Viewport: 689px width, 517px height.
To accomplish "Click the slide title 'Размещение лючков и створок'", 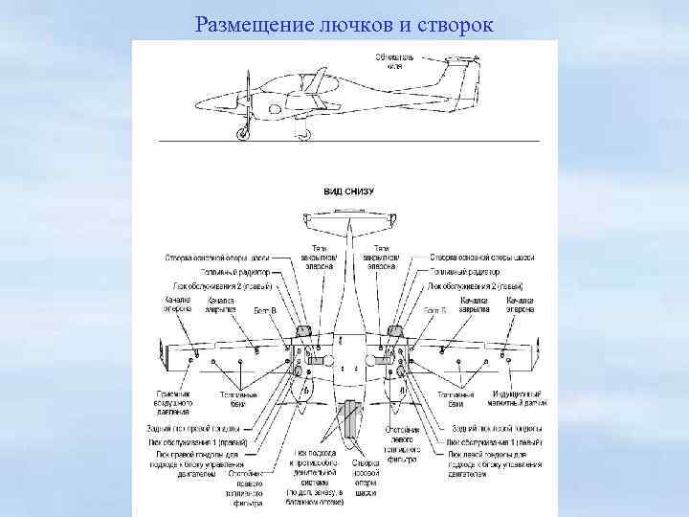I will tap(344, 22).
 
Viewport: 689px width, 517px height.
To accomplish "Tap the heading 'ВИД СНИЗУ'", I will tap(348, 191).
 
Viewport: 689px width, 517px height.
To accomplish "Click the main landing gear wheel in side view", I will tap(304, 135).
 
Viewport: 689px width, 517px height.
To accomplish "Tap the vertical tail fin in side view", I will tap(457, 77).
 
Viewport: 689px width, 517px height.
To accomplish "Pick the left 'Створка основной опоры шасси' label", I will tap(217, 258).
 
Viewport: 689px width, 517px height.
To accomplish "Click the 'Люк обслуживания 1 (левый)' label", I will tap(494, 442).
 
